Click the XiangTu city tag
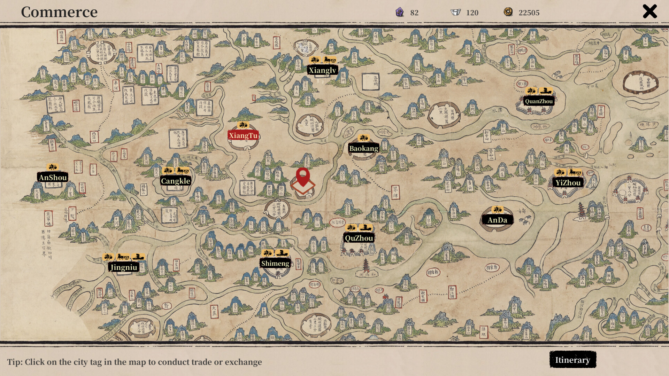pos(243,135)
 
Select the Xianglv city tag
pos(322,70)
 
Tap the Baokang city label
pos(363,149)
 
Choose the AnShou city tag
pos(53,178)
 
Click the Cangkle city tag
pos(175,181)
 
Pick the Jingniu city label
pos(124,267)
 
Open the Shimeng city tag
pos(275,264)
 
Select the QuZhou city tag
pos(359,238)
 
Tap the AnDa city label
pos(497,220)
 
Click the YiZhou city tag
pos(568,183)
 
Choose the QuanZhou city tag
pos(539,101)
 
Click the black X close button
pos(649,11)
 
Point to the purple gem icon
pos(400,12)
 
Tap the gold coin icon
pos(508,12)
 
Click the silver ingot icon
pos(455,12)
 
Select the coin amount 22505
pos(529,13)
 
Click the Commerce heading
pos(59,12)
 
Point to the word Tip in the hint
pos(14,362)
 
